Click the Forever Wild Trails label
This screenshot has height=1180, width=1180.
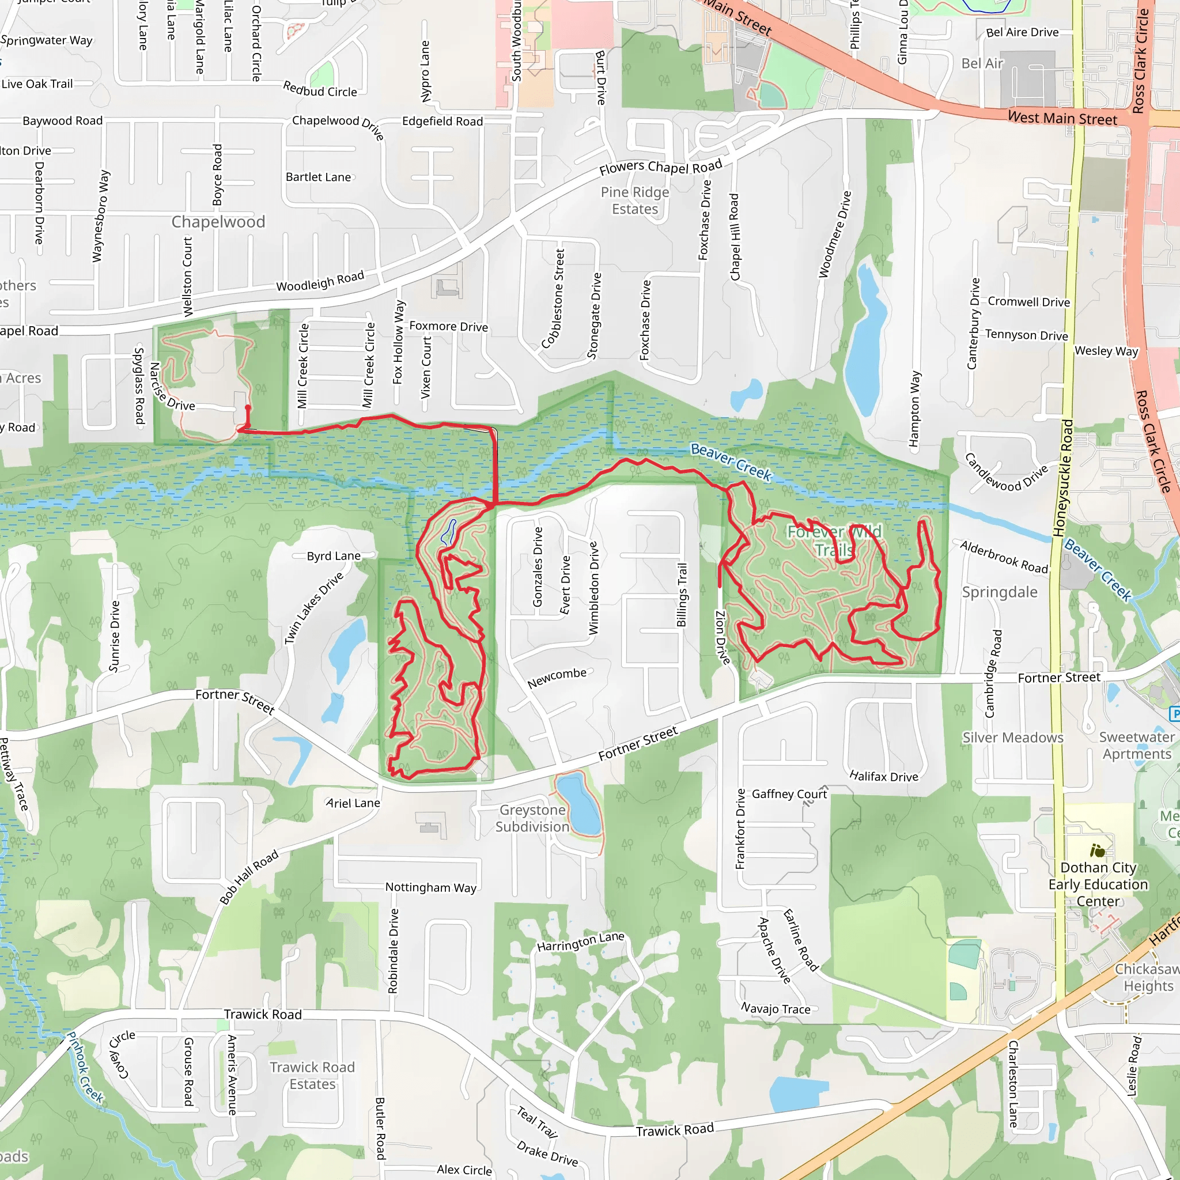pyautogui.click(x=834, y=541)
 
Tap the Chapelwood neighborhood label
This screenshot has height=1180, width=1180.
pyautogui.click(x=218, y=222)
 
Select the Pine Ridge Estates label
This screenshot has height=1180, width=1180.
pyautogui.click(x=634, y=201)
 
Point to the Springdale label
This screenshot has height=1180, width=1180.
pyautogui.click(x=999, y=592)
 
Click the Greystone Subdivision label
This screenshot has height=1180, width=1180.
pyautogui.click(x=532, y=818)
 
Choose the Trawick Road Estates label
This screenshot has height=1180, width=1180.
pyautogui.click(x=312, y=1076)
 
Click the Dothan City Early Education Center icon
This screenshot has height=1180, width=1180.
pyautogui.click(x=1098, y=850)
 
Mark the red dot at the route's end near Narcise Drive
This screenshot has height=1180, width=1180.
pyautogui.click(x=247, y=407)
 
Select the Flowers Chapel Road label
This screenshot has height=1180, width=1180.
pyautogui.click(x=660, y=167)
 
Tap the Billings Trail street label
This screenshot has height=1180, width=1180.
pyautogui.click(x=682, y=595)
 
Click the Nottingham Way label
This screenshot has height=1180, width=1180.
pyautogui.click(x=430, y=887)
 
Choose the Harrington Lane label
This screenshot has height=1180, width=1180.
pyautogui.click(x=580, y=941)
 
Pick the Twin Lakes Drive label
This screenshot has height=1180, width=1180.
pyautogui.click(x=314, y=608)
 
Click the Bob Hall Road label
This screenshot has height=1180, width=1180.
pyautogui.click(x=249, y=876)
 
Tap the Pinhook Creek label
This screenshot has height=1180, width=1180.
pyautogui.click(x=85, y=1067)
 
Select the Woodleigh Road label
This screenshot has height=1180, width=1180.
pyautogui.click(x=320, y=281)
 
